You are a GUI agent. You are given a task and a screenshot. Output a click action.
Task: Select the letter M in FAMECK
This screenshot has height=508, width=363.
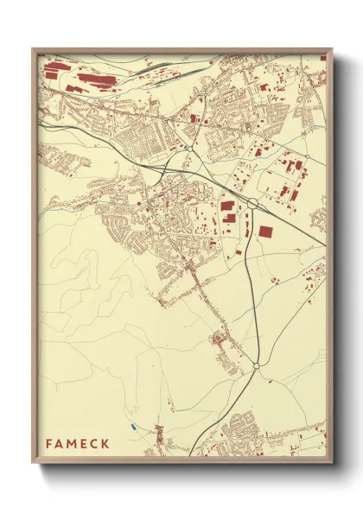click(72, 443)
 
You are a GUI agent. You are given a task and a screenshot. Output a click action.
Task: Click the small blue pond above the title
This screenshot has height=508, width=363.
click(131, 426)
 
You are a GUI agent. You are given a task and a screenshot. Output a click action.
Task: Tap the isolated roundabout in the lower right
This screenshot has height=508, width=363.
click(256, 366)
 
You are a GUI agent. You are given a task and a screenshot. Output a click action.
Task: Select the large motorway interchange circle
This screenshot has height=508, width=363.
click(252, 203)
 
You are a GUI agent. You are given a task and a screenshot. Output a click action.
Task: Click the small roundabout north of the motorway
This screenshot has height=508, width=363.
click(187, 148)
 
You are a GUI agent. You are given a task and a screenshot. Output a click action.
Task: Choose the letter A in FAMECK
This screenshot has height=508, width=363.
click(60, 443)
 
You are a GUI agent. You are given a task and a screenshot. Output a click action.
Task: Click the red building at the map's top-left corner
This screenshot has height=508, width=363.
click(54, 65)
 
